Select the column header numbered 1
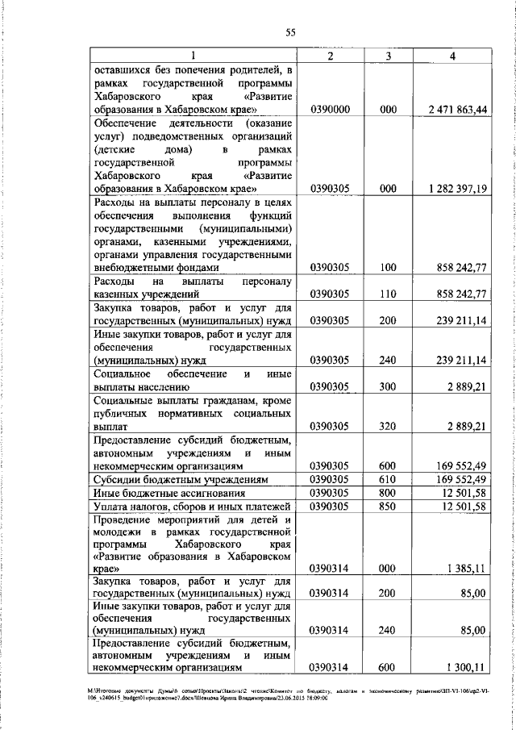tap(193, 56)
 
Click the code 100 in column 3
tap(389, 267)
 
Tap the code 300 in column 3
tap(389, 387)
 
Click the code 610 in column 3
tap(389, 478)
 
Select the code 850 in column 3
tap(389, 506)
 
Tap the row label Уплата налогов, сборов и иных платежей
tap(190, 506)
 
